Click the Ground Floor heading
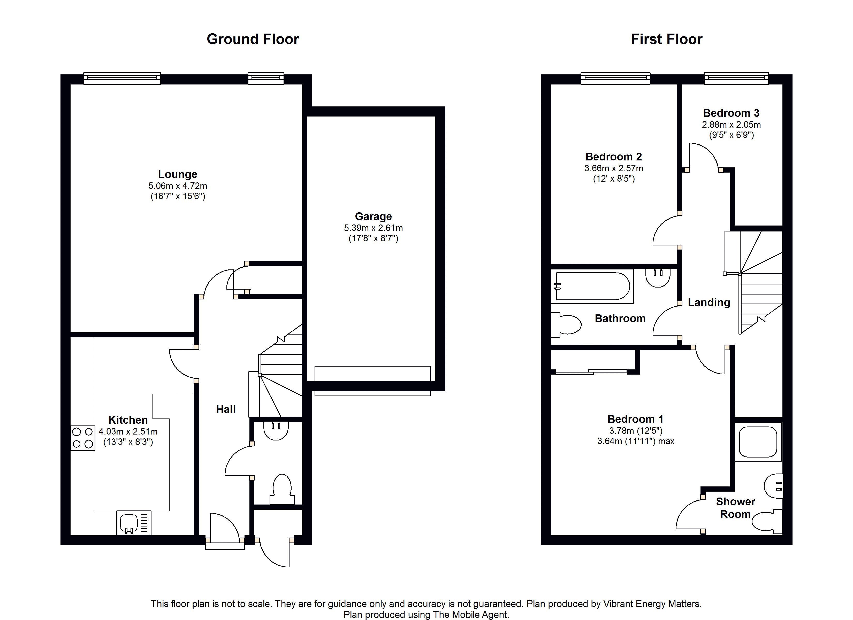click(x=253, y=39)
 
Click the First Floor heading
click(x=666, y=39)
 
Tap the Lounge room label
click(x=178, y=174)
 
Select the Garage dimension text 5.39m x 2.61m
click(x=374, y=228)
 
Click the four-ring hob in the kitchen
click(x=83, y=438)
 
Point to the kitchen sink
click(x=134, y=523)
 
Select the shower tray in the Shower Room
click(x=758, y=442)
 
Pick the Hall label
click(x=226, y=409)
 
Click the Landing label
click(x=709, y=302)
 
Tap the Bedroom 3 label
click(x=731, y=113)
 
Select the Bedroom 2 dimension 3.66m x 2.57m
click(x=614, y=168)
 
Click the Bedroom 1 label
click(x=635, y=419)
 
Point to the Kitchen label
click(x=128, y=420)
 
